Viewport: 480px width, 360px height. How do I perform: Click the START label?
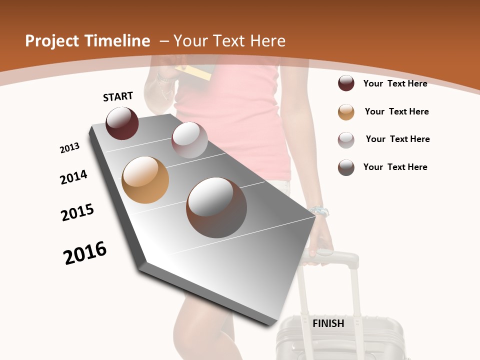click(x=118, y=96)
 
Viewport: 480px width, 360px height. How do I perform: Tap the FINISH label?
click(x=328, y=323)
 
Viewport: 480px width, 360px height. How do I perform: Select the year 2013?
click(x=69, y=148)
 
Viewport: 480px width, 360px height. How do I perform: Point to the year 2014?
click(x=73, y=177)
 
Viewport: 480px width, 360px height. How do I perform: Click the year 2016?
click(x=85, y=253)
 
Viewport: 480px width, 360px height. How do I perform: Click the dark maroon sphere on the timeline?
click(x=122, y=123)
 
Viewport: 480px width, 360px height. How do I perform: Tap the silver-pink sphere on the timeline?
click(x=189, y=140)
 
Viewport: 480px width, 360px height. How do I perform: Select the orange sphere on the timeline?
click(x=145, y=180)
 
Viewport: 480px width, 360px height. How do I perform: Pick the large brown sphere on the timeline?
click(x=216, y=207)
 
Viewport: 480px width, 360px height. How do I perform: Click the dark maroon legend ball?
click(x=346, y=83)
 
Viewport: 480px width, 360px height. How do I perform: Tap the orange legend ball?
click(x=346, y=112)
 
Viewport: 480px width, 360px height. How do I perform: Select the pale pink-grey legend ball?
click(x=346, y=140)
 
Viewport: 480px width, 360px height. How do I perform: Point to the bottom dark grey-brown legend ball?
click(x=346, y=167)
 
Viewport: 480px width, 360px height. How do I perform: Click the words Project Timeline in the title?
click(x=87, y=41)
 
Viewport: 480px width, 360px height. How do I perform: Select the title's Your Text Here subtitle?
click(x=229, y=41)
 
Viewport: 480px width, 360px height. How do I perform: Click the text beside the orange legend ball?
click(x=396, y=111)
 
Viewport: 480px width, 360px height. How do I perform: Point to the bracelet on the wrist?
click(x=318, y=211)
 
